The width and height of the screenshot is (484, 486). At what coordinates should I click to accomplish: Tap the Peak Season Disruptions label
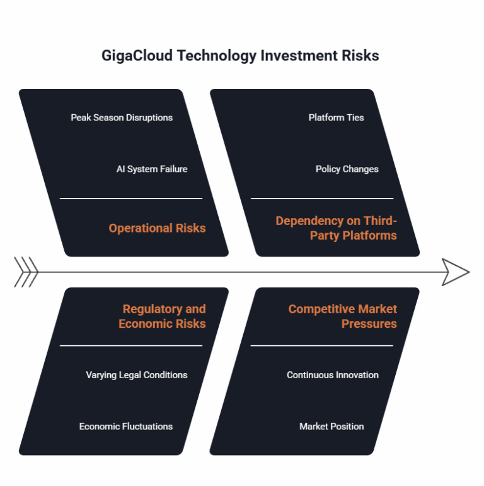pos(122,117)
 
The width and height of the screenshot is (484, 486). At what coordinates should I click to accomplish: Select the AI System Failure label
pos(152,169)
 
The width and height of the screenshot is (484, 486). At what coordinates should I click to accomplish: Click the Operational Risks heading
pos(157,228)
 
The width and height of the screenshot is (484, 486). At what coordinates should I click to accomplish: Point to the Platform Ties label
pos(336,117)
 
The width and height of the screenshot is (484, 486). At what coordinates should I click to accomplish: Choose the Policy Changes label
pos(347,169)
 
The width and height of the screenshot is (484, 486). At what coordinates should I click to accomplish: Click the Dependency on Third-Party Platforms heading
pos(337,228)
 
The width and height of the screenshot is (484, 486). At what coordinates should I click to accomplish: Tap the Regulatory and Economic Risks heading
pos(163,316)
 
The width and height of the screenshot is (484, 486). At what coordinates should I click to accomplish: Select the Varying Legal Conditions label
pos(137,375)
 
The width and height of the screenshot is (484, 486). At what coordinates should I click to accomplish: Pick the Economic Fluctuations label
pos(126,427)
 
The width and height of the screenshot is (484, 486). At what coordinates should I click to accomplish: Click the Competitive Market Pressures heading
pos(343,316)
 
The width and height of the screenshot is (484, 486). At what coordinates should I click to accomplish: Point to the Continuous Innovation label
pos(333,375)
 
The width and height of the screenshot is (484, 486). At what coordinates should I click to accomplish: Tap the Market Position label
pos(331,427)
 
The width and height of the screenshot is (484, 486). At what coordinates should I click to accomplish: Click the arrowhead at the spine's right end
pos(455,272)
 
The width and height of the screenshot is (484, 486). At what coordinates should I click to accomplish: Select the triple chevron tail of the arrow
pos(26,272)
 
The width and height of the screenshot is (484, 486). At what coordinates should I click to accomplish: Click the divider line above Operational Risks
pos(131,199)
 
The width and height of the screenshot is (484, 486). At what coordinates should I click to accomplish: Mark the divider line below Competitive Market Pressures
pos(322,345)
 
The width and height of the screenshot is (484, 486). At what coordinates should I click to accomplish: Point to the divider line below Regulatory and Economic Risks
pos(131,345)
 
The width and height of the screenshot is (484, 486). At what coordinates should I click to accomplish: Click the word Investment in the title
pos(297,55)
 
